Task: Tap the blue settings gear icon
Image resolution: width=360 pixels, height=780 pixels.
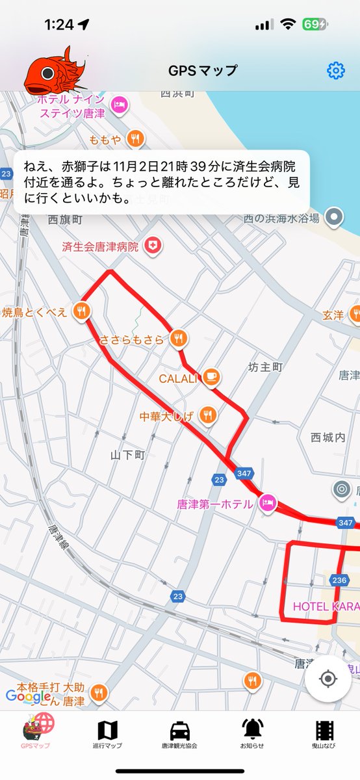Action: (335, 70)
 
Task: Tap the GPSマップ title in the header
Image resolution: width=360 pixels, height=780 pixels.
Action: (203, 70)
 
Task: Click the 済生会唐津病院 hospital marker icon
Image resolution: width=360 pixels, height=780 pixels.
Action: (153, 246)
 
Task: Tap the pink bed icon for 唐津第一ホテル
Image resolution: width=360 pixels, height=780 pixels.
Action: (268, 502)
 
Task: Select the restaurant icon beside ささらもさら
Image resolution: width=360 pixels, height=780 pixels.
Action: (180, 338)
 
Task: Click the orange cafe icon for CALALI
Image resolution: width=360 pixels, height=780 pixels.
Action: (211, 377)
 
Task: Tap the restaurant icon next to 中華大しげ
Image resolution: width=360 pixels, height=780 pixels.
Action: (207, 414)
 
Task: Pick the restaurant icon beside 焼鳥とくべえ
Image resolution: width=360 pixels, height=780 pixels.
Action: (82, 311)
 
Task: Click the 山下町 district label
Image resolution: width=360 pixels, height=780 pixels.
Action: (127, 455)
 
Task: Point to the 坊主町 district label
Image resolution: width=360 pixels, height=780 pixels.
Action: (266, 367)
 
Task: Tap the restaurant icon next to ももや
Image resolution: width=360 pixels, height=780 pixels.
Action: (135, 137)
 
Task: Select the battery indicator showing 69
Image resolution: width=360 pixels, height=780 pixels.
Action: (315, 25)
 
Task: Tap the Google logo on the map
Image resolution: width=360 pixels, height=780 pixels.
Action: (29, 697)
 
